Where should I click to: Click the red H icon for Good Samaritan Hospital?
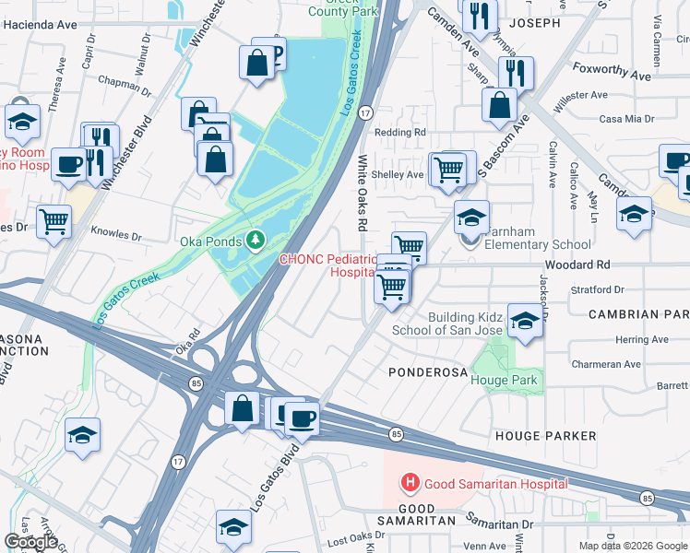[409, 482]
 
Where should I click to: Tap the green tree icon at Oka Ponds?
[256, 241]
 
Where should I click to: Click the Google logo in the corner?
[30, 542]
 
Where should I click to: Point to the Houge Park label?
[504, 379]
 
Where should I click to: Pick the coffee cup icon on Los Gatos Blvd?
[302, 418]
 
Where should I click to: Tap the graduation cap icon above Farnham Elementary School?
[471, 218]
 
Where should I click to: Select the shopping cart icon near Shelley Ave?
[449, 170]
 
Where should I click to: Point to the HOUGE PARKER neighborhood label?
[545, 435]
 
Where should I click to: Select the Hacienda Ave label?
[42, 25]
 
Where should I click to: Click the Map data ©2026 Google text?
[633, 546]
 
